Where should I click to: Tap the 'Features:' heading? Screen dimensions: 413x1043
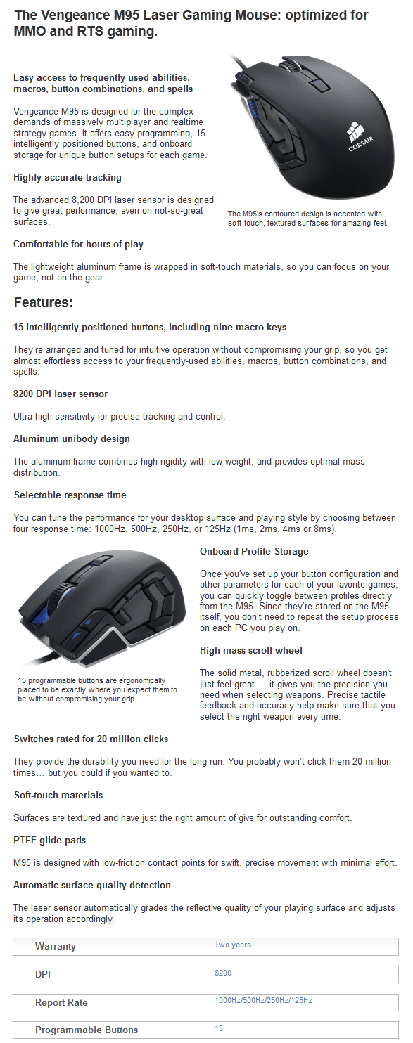(44, 303)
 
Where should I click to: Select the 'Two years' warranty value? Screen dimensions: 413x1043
(232, 945)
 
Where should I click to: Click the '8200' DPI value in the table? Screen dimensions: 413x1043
(223, 973)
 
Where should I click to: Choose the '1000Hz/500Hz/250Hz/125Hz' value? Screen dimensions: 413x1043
(263, 1000)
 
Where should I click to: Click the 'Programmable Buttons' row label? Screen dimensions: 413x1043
(87, 1030)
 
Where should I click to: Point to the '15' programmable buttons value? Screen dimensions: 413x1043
(219, 1028)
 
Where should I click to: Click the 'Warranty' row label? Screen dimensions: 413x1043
(56, 946)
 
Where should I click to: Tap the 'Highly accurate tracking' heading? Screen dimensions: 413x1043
(68, 178)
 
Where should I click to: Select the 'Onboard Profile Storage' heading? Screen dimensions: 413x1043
(254, 551)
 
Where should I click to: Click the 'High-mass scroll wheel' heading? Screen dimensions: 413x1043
(251, 650)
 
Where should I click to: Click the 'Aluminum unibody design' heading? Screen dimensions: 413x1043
(72, 439)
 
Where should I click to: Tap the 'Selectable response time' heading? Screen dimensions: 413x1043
(70, 495)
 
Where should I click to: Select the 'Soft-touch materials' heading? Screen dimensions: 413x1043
(58, 795)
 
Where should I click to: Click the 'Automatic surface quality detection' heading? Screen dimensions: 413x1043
(92, 885)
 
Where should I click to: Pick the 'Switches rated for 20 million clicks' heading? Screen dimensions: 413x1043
(91, 739)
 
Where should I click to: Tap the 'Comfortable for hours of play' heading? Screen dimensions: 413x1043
(78, 244)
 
